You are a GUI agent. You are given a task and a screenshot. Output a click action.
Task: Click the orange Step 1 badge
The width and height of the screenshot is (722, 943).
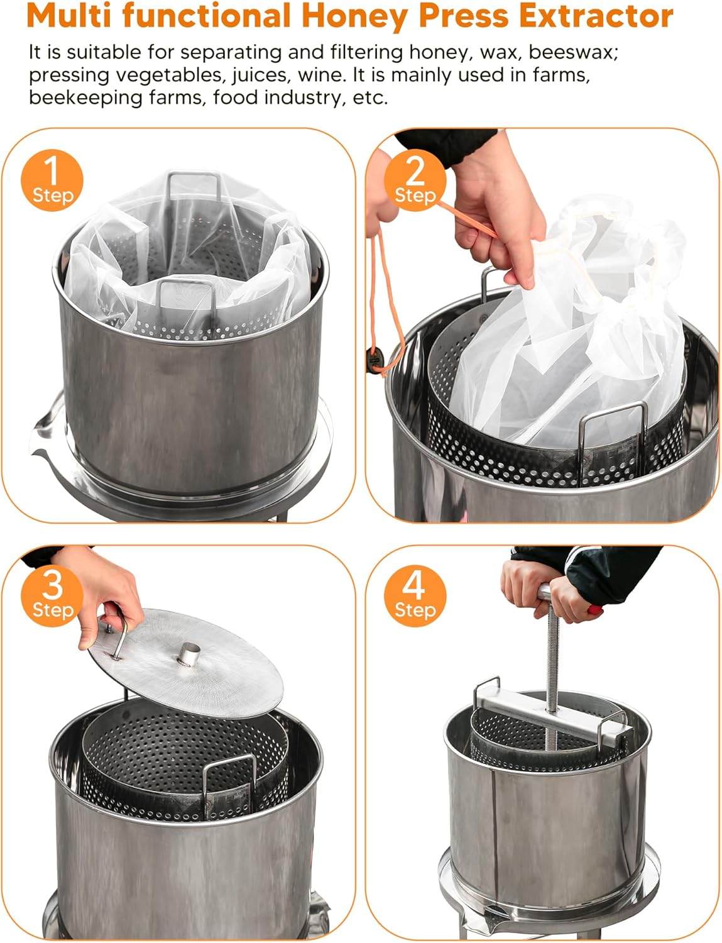[52, 180]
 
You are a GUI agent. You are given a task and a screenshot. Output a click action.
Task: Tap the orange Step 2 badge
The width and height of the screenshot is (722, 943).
[415, 180]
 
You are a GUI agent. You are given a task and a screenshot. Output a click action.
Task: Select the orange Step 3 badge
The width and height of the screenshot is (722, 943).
[52, 594]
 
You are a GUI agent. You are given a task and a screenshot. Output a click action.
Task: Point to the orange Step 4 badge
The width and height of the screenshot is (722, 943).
[415, 594]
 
